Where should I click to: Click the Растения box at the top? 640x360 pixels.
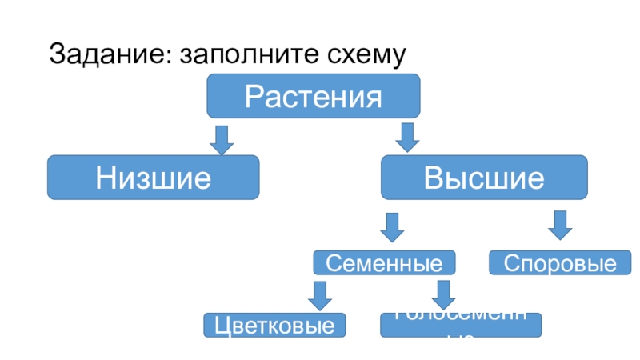[314, 96]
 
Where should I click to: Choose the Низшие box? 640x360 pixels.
[154, 178]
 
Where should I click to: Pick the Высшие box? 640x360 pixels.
[483, 178]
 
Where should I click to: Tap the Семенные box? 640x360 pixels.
[384, 263]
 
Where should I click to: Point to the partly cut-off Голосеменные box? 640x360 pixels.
[460, 324]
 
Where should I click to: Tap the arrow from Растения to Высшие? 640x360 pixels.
[408, 138]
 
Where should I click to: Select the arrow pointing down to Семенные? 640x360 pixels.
[392, 226]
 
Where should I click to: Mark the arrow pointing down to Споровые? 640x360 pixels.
[560, 225]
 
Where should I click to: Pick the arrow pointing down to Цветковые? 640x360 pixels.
[320, 295]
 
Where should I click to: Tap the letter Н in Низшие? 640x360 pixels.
[104, 178]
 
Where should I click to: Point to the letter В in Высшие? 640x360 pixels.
[433, 178]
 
